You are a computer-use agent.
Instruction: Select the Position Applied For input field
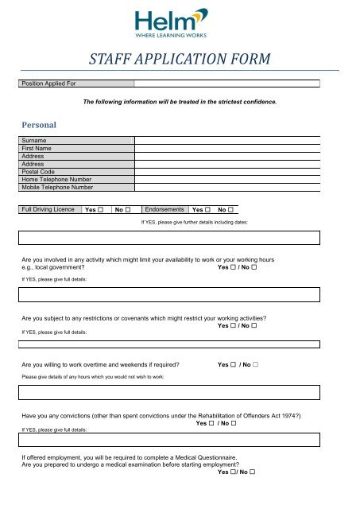(x=226, y=82)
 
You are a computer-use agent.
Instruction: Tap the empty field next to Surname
(x=226, y=139)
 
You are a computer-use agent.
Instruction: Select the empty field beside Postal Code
(x=226, y=171)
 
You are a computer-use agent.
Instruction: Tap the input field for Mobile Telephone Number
(x=226, y=188)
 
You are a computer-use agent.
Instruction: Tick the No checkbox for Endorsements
(x=231, y=210)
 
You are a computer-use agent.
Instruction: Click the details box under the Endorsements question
(x=170, y=237)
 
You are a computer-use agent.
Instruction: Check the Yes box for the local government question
(x=235, y=268)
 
